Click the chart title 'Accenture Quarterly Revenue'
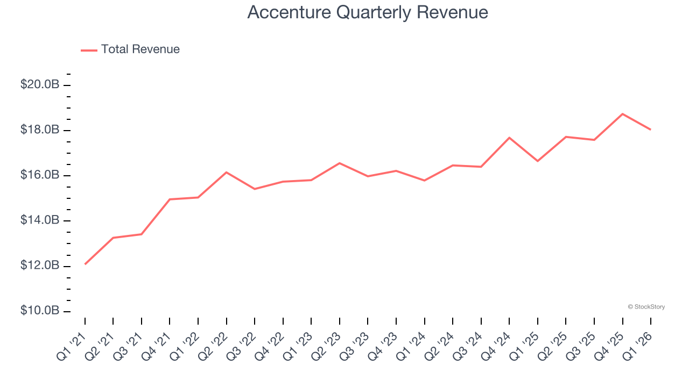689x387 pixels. [x=368, y=12]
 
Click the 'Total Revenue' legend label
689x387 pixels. [x=140, y=49]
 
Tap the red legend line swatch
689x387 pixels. [x=89, y=50]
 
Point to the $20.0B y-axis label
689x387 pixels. [x=40, y=85]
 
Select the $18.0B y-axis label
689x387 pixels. [x=40, y=130]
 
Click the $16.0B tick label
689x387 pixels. [x=40, y=175]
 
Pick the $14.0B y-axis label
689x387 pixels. [x=40, y=220]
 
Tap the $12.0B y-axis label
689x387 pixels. [x=40, y=266]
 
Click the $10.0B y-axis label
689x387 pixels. [x=40, y=311]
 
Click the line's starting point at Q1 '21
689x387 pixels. [x=85, y=264]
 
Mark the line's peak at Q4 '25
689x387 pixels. [x=622, y=114]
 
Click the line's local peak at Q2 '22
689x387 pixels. [x=227, y=172]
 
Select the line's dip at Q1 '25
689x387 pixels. [x=538, y=161]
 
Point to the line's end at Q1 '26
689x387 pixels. [x=651, y=130]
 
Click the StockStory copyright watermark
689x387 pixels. [x=646, y=307]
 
